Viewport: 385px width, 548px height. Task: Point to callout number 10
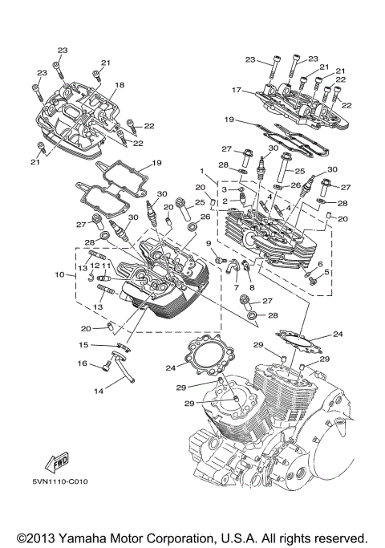coord(59,275)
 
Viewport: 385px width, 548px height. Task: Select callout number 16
coord(82,364)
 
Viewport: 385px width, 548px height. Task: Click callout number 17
coord(236,90)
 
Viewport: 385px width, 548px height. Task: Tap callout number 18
coord(120,85)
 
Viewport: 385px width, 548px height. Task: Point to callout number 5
coord(326,271)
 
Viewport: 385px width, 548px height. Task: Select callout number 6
coord(320,263)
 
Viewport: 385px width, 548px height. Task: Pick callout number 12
coord(94,266)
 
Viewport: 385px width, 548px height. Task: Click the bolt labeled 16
coord(104,367)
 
